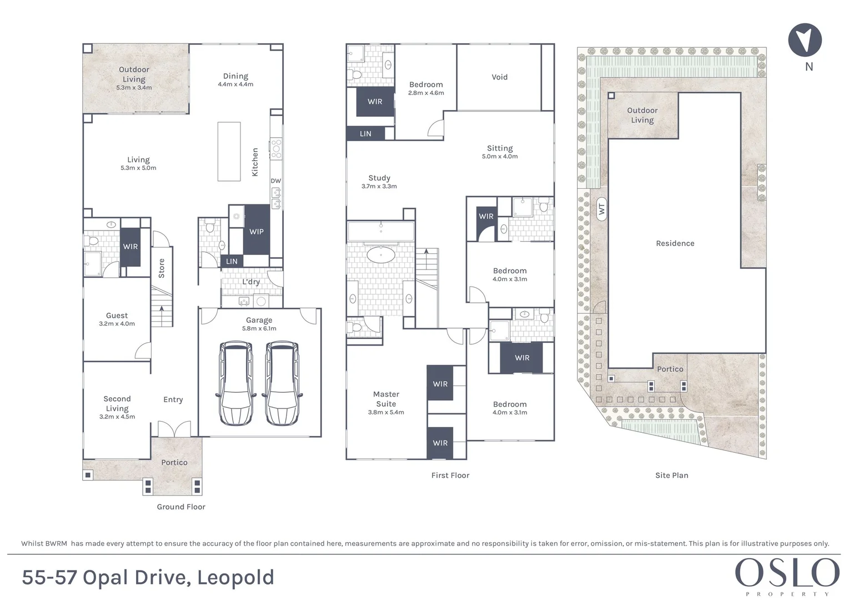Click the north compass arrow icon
point(805,41)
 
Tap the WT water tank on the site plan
point(601,209)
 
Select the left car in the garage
point(236,383)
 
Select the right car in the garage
point(283,383)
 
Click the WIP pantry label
point(257,232)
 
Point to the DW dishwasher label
point(276,181)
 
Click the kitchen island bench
point(229,151)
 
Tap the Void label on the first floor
point(499,77)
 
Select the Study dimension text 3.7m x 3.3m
point(379,187)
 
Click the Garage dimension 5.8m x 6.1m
point(259,328)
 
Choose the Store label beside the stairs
point(162,268)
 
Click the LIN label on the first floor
point(365,134)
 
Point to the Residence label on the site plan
point(675,243)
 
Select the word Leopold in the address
point(235,577)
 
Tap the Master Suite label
point(386,399)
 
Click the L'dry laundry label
point(251,282)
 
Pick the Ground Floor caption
point(181,507)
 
